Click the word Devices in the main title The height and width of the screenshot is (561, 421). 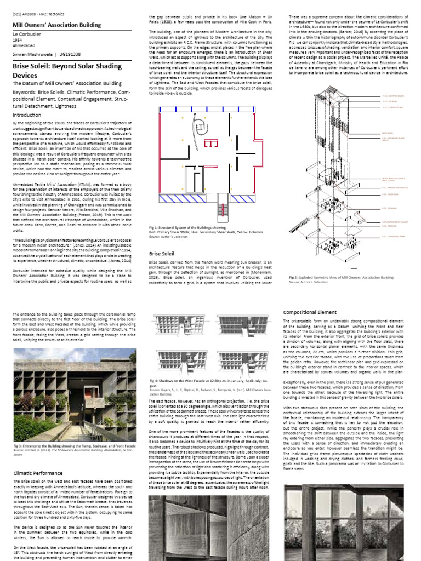[26, 75]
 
